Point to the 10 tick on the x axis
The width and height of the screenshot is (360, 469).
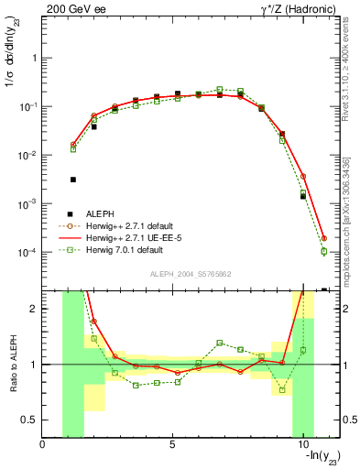tap(303, 445)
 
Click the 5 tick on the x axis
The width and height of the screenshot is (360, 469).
tap(173, 445)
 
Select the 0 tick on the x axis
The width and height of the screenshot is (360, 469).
tap(43, 445)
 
